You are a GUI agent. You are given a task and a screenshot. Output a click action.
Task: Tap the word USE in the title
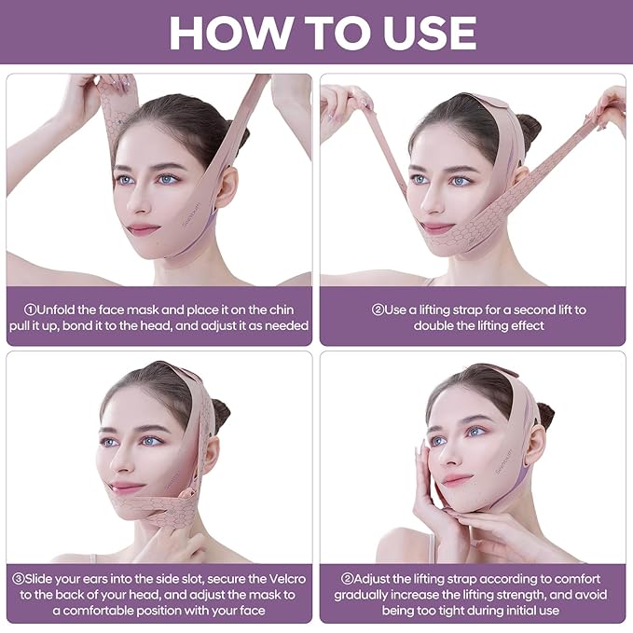(417, 33)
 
